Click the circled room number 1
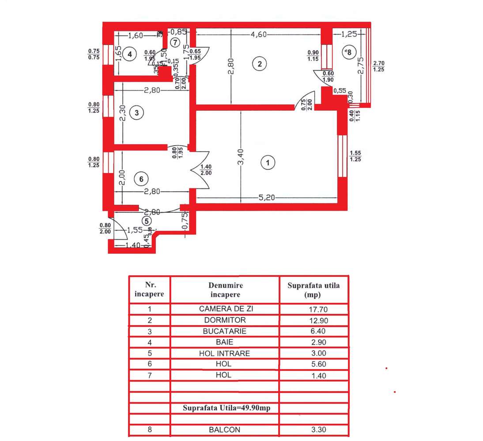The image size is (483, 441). tap(268, 163)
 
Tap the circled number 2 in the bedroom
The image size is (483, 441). tap(260, 64)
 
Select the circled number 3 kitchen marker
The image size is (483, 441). tap(137, 113)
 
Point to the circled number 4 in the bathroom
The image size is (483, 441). tap(129, 54)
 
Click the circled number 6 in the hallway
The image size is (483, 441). tap(141, 179)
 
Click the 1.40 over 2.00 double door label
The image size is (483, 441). tap(206, 170)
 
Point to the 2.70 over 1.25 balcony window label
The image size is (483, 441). tap(378, 66)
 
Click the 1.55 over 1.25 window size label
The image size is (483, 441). tap(355, 156)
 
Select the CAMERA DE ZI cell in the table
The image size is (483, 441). tap(225, 309)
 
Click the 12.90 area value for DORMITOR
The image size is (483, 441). tap(313, 320)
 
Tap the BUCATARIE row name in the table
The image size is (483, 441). tap(225, 331)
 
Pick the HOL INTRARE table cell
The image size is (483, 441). tap(225, 353)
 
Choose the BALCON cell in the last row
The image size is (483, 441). tap(225, 430)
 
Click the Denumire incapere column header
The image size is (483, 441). tap(225, 290)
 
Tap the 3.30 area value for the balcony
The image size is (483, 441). tap(313, 430)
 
